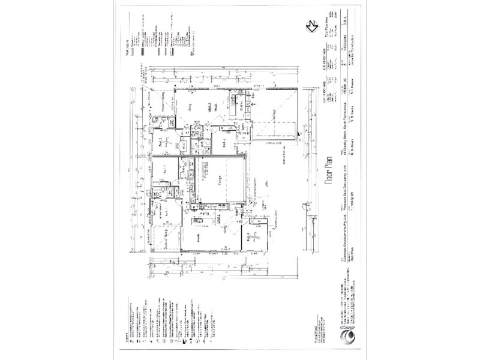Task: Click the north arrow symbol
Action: (x=311, y=26)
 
